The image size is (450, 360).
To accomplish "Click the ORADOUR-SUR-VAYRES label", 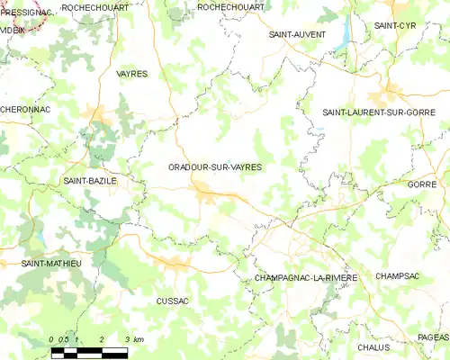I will click(x=214, y=167).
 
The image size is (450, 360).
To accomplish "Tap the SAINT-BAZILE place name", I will click(x=90, y=181).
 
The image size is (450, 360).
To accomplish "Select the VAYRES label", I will click(x=131, y=74).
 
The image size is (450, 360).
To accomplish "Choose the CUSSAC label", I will click(x=172, y=301).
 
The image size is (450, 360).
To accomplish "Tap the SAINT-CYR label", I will click(x=396, y=25).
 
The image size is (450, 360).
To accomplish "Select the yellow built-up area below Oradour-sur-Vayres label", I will click(x=206, y=190).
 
